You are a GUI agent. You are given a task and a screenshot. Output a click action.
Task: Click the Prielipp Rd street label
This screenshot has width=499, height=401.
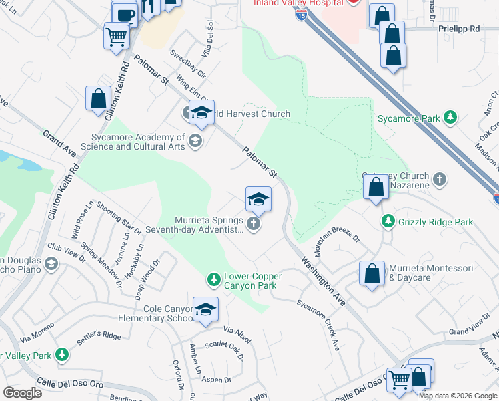coord(459,29)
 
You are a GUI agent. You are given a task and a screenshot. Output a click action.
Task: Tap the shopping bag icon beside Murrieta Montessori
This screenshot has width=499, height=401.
coord(372,274)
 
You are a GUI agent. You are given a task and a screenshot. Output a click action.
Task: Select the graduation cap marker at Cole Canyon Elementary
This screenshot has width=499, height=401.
coord(206,309)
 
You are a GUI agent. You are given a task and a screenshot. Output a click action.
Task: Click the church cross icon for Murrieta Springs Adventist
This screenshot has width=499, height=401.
coord(253,224)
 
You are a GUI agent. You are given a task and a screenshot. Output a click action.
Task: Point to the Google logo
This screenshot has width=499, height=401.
coord(21,392)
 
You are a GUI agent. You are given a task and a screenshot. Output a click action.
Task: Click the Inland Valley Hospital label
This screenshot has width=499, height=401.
coord(298,3)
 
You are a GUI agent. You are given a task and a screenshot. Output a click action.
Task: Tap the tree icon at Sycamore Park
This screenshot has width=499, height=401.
coord(451,118)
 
